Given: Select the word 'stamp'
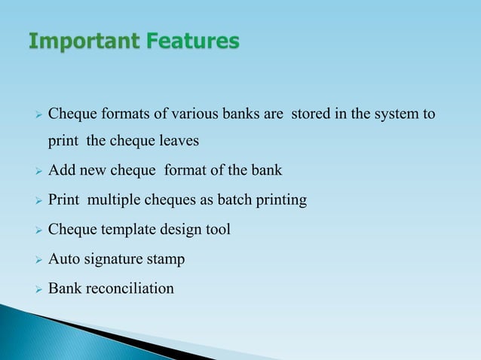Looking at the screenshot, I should (166, 259).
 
